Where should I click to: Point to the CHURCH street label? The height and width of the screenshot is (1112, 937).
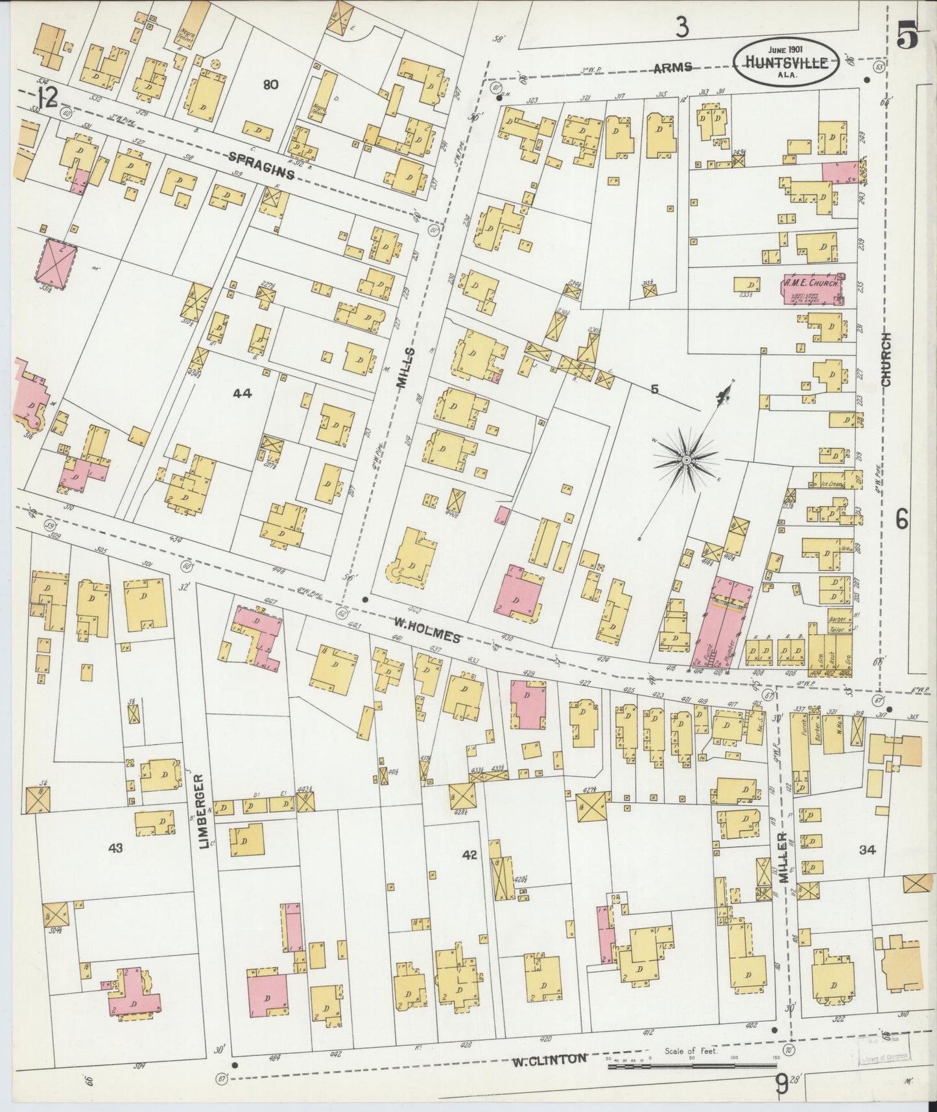click(886, 361)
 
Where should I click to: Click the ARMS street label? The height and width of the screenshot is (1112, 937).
click(672, 67)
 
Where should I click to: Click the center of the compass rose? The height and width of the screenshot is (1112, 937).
click(686, 460)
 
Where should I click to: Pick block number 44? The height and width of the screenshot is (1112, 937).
click(241, 393)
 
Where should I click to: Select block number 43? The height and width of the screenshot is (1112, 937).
click(116, 847)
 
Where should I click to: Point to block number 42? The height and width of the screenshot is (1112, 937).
click(469, 854)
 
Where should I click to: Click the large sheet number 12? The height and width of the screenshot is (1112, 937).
click(47, 99)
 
